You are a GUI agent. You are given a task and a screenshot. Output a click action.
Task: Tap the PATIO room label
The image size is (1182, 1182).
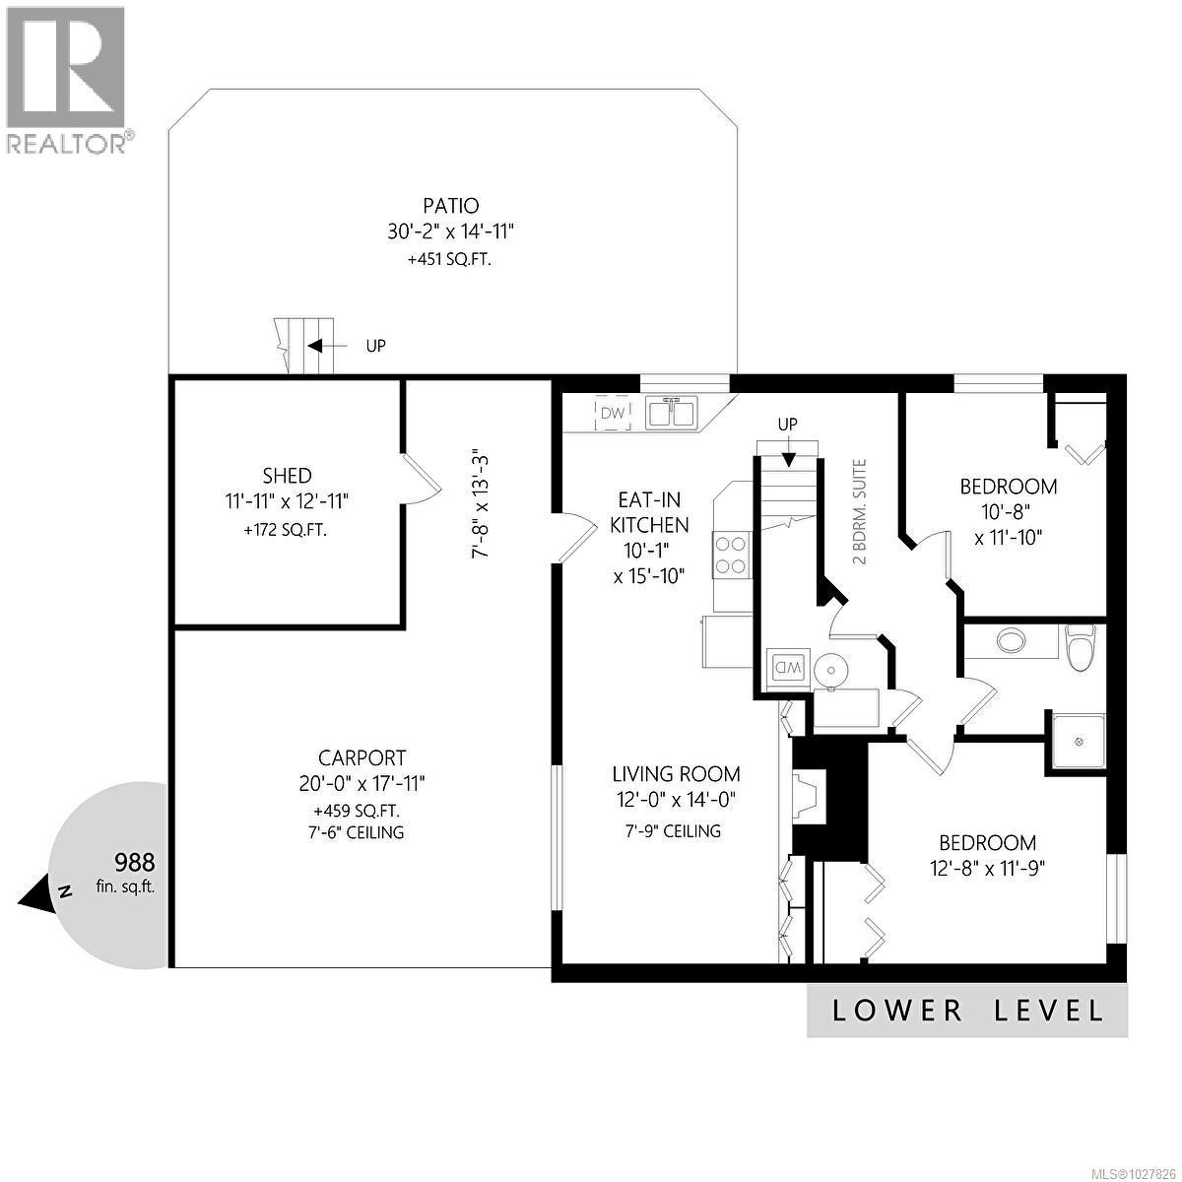click(451, 206)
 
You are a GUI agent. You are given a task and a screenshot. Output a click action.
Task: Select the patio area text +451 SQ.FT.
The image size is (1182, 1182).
click(451, 261)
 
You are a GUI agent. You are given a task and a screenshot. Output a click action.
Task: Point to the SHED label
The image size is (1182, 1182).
click(287, 475)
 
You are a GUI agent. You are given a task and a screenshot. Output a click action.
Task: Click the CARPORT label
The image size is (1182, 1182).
click(361, 757)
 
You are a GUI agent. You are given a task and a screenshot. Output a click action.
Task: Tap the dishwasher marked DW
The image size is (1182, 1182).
click(614, 414)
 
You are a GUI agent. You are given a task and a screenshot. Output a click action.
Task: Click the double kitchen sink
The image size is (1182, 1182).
click(672, 413)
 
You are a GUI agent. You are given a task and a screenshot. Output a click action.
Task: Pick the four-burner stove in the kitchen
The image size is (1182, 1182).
click(732, 553)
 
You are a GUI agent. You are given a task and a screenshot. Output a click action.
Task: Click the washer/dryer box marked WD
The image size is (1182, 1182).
click(788, 668)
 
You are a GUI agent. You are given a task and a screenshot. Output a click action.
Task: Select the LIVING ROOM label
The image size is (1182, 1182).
click(676, 774)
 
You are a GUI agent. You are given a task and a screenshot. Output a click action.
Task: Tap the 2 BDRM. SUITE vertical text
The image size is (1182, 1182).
click(860, 511)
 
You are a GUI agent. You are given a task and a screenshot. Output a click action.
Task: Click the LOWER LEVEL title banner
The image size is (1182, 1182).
click(967, 1010)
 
